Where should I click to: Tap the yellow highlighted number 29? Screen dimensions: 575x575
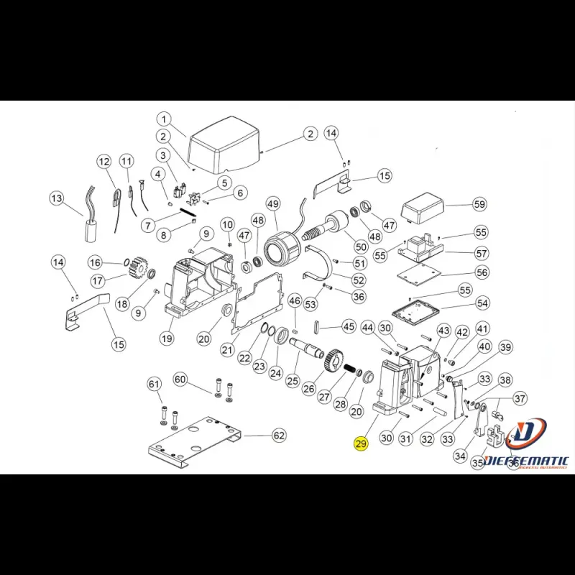click(361, 444)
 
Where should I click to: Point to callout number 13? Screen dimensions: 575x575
click(56, 198)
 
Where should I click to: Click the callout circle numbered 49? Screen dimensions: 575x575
click(272, 204)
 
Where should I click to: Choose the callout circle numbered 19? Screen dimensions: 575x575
click(167, 339)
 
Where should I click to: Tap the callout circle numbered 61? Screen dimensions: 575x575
click(155, 385)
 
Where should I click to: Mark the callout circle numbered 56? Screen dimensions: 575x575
click(482, 272)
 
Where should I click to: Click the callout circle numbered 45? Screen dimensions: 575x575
click(349, 326)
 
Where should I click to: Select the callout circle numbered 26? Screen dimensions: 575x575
click(309, 388)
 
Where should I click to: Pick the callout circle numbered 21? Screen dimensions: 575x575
click(227, 350)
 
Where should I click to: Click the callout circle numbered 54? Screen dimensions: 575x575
click(482, 304)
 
